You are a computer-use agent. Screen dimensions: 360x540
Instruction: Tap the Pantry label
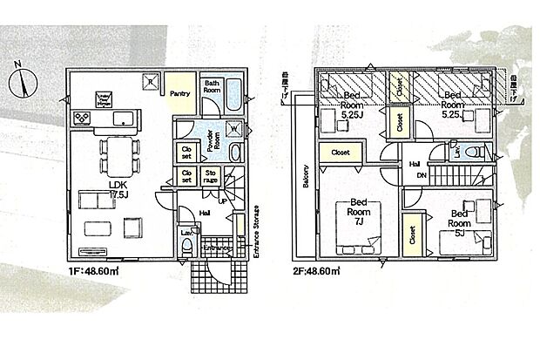(181, 93)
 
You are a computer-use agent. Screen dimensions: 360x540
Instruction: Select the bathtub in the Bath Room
(231, 101)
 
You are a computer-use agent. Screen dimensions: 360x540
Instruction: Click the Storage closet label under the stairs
(212, 177)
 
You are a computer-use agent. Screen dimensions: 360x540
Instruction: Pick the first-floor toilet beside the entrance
(187, 247)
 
